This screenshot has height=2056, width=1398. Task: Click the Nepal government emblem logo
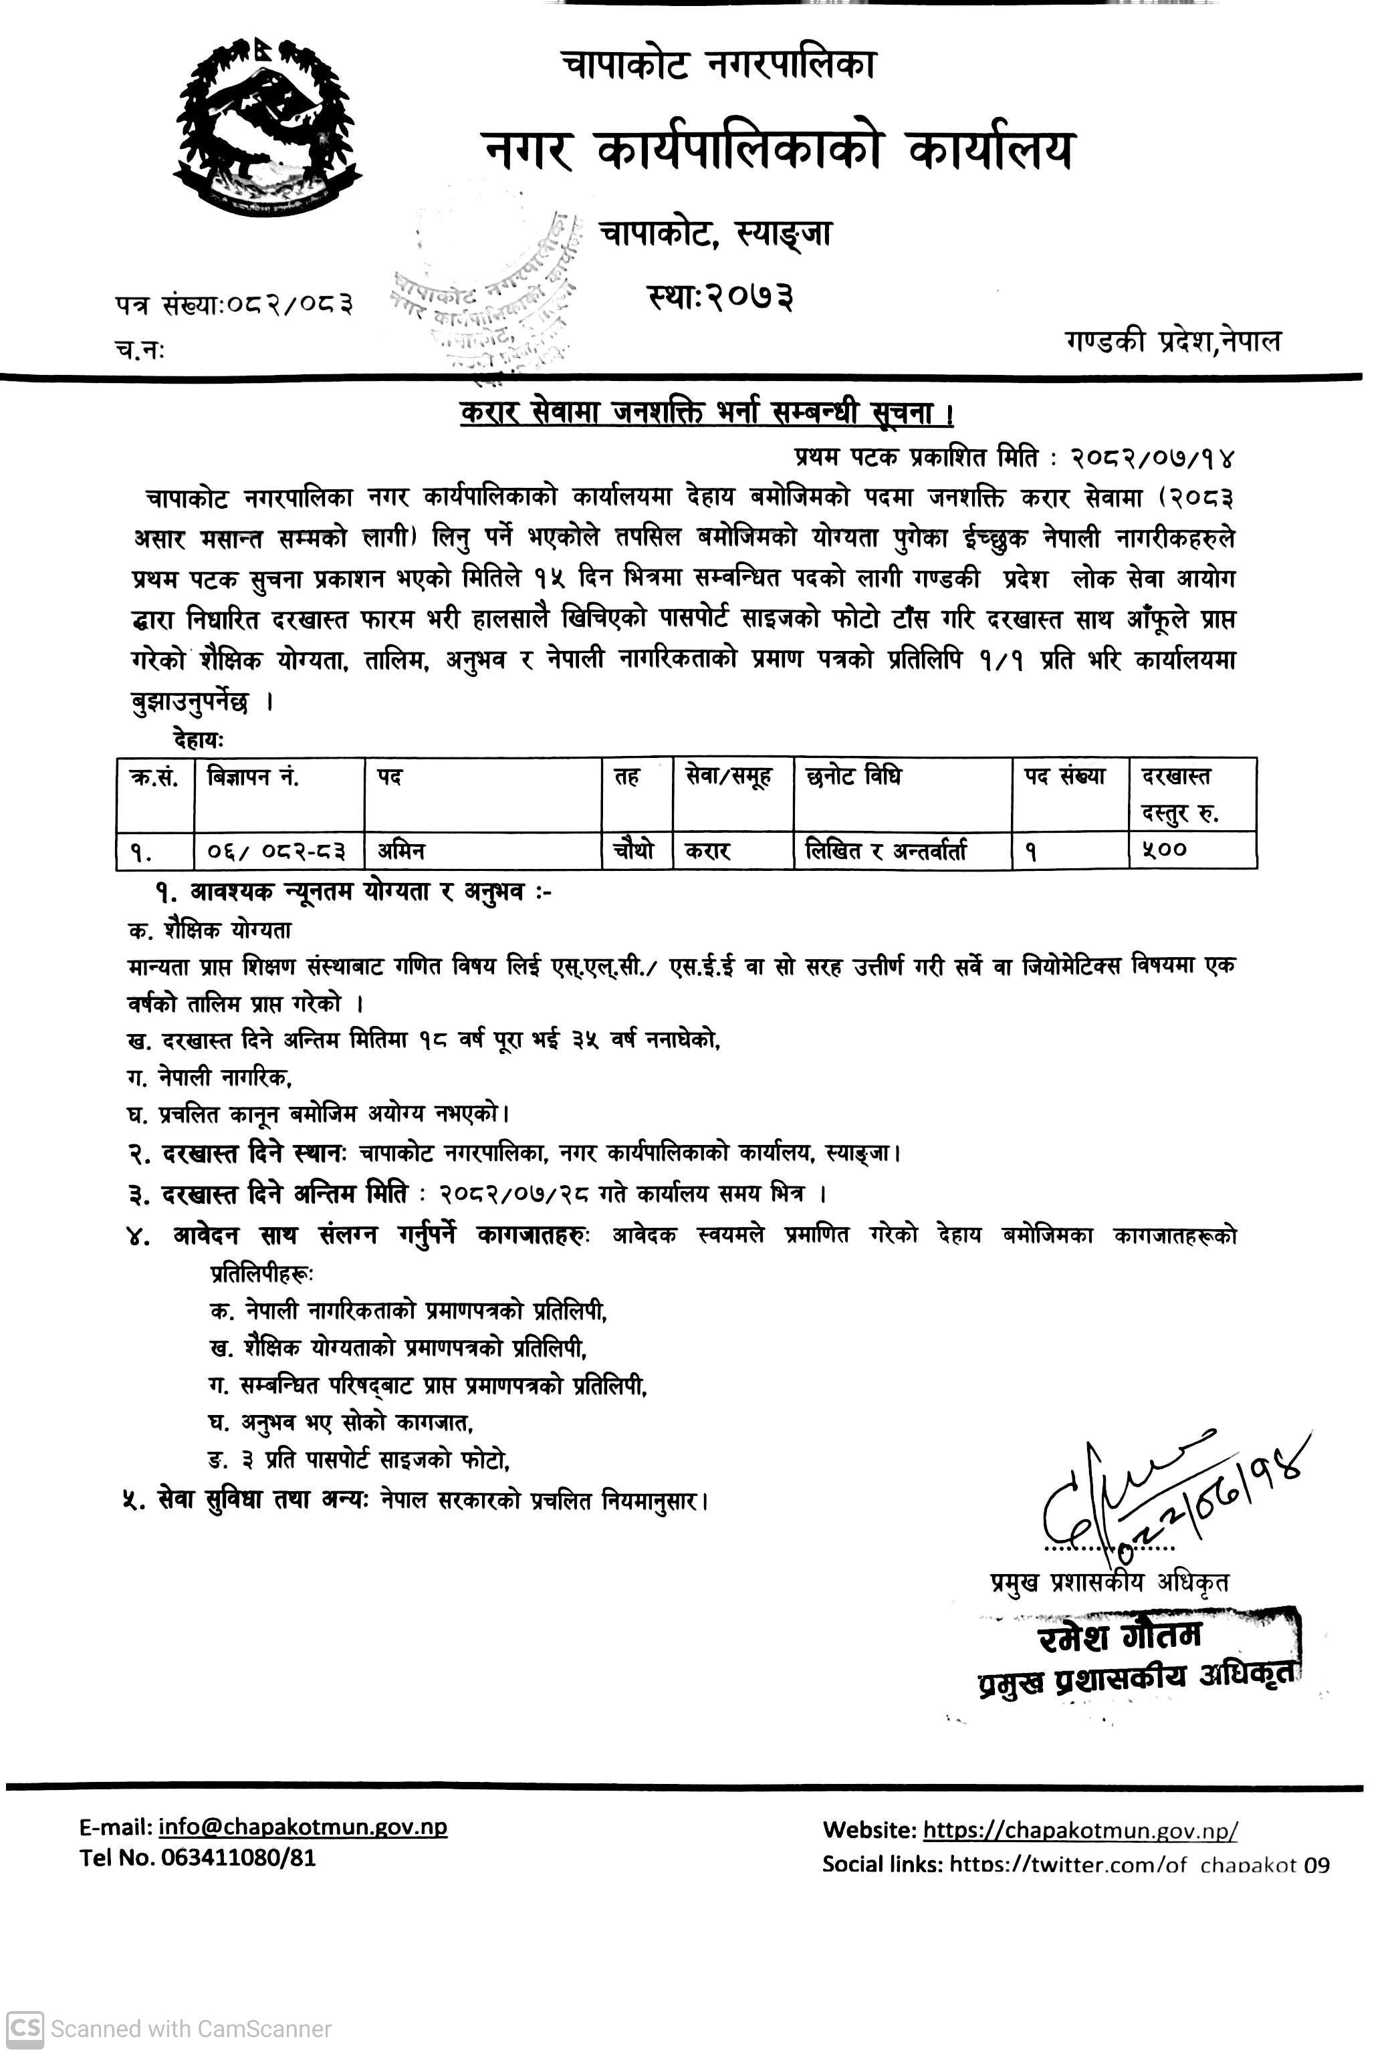tap(269, 126)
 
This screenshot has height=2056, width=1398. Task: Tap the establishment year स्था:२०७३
tap(720, 296)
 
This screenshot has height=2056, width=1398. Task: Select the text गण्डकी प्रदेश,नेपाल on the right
tap(1173, 341)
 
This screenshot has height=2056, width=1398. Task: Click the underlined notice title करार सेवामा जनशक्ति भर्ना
tap(705, 413)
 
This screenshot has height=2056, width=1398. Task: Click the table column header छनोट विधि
tap(853, 777)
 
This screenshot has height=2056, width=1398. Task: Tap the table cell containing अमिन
tap(402, 851)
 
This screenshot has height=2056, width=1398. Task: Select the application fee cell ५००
tap(1165, 850)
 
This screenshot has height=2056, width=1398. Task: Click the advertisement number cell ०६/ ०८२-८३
tap(276, 851)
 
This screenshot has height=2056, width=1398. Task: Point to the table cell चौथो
tap(634, 850)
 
